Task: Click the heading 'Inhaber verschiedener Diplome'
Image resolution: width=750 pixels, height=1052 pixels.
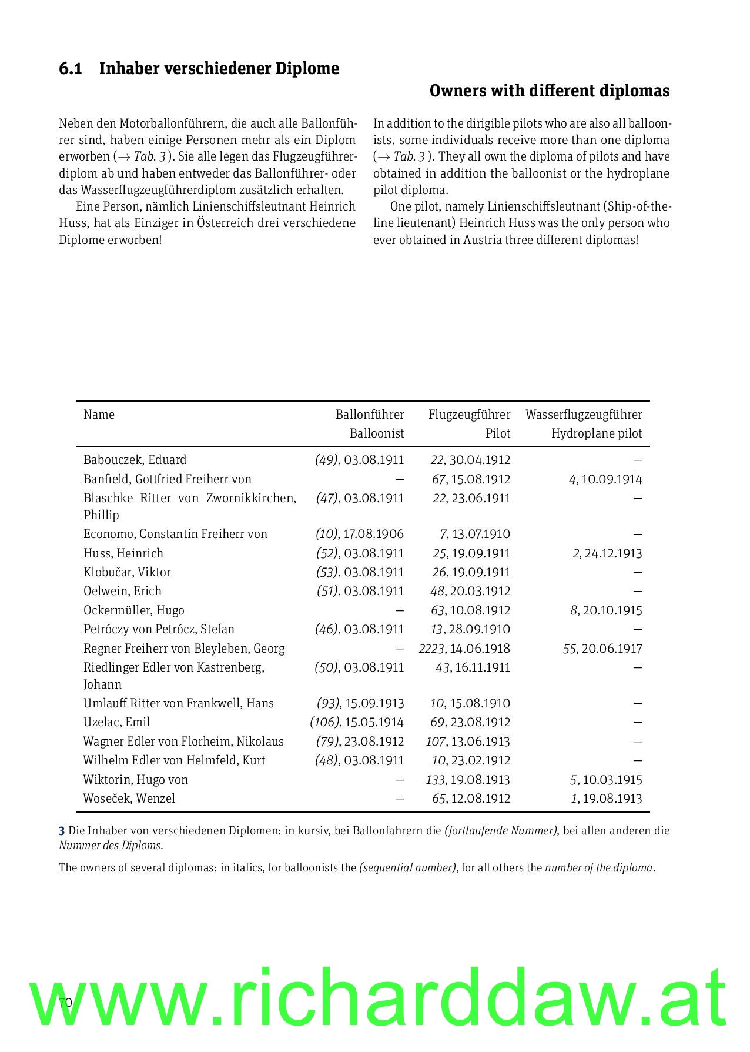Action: pyautogui.click(x=219, y=69)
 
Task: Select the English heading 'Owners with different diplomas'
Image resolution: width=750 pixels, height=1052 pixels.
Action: pyautogui.click(x=549, y=91)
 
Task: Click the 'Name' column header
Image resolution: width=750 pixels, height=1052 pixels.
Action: pyautogui.click(x=99, y=415)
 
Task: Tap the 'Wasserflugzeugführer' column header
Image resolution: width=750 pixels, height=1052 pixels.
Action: pyautogui.click(x=583, y=415)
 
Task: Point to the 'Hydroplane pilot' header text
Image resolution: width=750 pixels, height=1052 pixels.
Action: pyautogui.click(x=596, y=434)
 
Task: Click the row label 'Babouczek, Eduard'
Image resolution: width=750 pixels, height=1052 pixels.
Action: pyautogui.click(x=135, y=460)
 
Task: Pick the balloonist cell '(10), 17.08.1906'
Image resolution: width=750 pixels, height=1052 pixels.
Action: pyautogui.click(x=359, y=534)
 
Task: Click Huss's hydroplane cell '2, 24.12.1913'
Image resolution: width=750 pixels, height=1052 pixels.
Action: pyautogui.click(x=607, y=553)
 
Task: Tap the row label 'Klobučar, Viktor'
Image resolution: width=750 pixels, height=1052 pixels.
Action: pyautogui.click(x=127, y=572)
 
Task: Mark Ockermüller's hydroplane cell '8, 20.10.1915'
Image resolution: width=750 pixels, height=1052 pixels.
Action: pyautogui.click(x=605, y=610)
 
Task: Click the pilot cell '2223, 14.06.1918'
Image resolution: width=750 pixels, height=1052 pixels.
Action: pyautogui.click(x=464, y=649)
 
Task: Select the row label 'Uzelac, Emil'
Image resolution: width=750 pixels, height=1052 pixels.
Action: pyautogui.click(x=116, y=722)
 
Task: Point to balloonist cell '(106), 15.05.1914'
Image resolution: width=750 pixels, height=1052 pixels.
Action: pyautogui.click(x=356, y=722)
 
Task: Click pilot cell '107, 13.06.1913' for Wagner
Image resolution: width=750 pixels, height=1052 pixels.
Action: pyautogui.click(x=467, y=742)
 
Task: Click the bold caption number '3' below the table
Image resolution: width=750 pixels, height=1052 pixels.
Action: pyautogui.click(x=61, y=831)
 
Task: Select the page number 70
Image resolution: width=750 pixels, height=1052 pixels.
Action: pyautogui.click(x=65, y=1003)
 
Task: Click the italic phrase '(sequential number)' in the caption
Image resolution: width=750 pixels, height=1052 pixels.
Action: pyautogui.click(x=407, y=868)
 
